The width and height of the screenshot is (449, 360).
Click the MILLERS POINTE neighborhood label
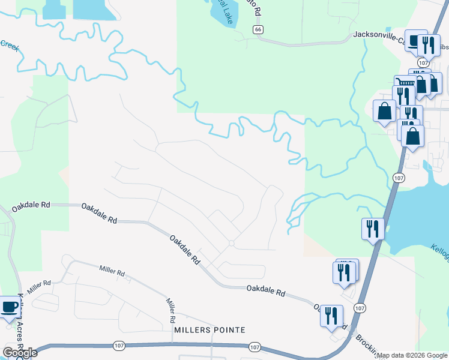coord(209,330)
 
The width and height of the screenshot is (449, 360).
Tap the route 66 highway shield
coord(258,29)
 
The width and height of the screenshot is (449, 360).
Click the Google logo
coord(19,353)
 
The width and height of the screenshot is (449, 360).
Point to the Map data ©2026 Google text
coord(412,355)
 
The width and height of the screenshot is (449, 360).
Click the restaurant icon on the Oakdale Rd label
coord(331,315)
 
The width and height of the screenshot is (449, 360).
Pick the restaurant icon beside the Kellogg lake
coord(372,229)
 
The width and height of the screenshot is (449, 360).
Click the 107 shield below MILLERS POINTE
coord(255,347)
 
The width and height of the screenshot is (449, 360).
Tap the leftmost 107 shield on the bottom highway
coord(118,346)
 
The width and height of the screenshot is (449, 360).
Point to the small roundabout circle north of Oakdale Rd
coord(232,243)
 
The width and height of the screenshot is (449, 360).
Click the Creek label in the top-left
coord(9,44)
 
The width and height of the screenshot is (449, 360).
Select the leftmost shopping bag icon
coord(384,110)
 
